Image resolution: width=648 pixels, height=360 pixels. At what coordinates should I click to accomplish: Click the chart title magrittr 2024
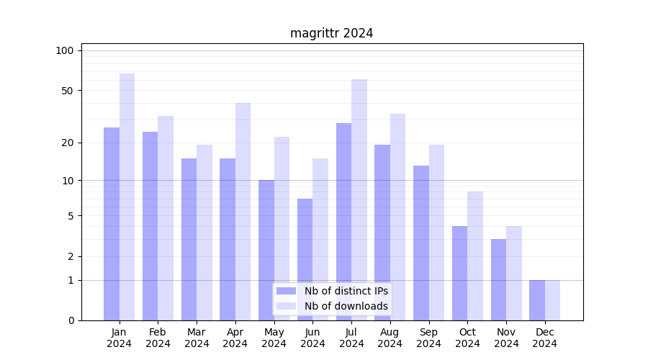[x=331, y=33]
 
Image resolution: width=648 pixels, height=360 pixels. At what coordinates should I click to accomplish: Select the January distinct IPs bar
[x=112, y=223]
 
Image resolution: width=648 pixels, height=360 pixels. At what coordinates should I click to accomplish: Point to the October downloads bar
[x=475, y=256]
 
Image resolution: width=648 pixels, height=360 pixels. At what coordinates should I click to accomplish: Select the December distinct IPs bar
[x=537, y=300]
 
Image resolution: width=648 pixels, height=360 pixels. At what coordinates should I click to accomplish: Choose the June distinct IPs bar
[x=305, y=259]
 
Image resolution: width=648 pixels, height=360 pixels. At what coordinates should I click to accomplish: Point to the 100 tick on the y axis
[x=65, y=50]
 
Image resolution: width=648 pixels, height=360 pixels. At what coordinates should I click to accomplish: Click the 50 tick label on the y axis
[x=67, y=91]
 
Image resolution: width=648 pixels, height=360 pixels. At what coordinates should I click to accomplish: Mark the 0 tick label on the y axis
[x=71, y=320]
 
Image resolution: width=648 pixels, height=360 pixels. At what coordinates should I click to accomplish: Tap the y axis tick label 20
[x=67, y=143]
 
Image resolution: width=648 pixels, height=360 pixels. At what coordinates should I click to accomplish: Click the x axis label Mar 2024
[x=197, y=338]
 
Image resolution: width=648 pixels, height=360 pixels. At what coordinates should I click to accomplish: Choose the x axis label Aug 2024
[x=390, y=338]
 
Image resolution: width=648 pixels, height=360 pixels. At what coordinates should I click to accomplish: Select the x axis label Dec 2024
[x=545, y=338]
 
